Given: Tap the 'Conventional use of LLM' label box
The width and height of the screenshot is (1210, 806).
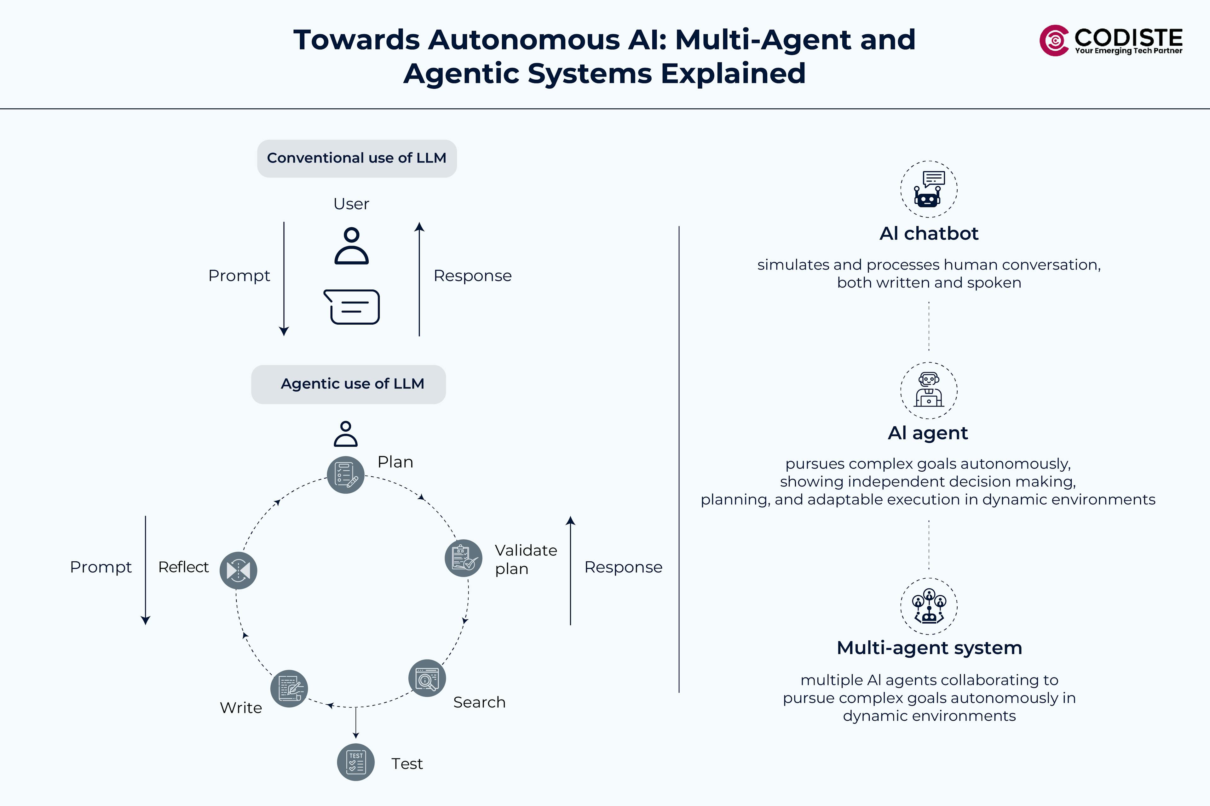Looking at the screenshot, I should coord(356,158).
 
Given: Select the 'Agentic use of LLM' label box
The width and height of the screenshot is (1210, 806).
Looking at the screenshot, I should coord(348,384).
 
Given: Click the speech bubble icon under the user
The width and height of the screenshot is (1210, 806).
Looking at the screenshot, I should coord(352,307).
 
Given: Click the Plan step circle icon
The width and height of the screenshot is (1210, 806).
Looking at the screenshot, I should coord(346,474).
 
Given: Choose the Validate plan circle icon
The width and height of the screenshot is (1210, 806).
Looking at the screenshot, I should coord(463,558).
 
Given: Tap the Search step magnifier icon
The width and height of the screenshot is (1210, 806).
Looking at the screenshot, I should coord(426,678).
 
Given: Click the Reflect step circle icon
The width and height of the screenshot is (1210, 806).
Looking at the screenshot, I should coord(238,570).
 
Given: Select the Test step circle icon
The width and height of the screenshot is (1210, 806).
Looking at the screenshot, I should coord(355,762).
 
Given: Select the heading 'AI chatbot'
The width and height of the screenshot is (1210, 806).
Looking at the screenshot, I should coord(929,234).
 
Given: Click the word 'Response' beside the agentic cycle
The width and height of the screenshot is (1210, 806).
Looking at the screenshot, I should coord(623,567).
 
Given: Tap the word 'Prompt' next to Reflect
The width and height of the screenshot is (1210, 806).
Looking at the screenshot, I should coord(101,567).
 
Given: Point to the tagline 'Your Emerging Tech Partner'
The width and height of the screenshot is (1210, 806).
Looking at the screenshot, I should coord(1128,51).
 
